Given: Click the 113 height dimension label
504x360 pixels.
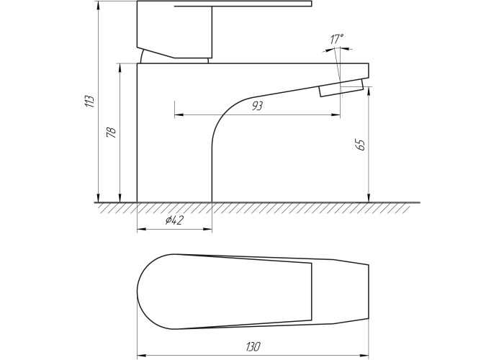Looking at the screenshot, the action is (90, 102).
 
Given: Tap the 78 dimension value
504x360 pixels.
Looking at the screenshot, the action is (111, 132).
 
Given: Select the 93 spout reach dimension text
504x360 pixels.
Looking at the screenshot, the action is (257, 106).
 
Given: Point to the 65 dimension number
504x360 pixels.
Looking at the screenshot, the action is (361, 145).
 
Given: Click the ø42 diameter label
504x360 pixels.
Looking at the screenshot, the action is (174, 220).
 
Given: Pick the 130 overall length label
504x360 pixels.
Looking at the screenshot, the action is (253, 347).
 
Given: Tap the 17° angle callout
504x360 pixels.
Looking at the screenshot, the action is (336, 39).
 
